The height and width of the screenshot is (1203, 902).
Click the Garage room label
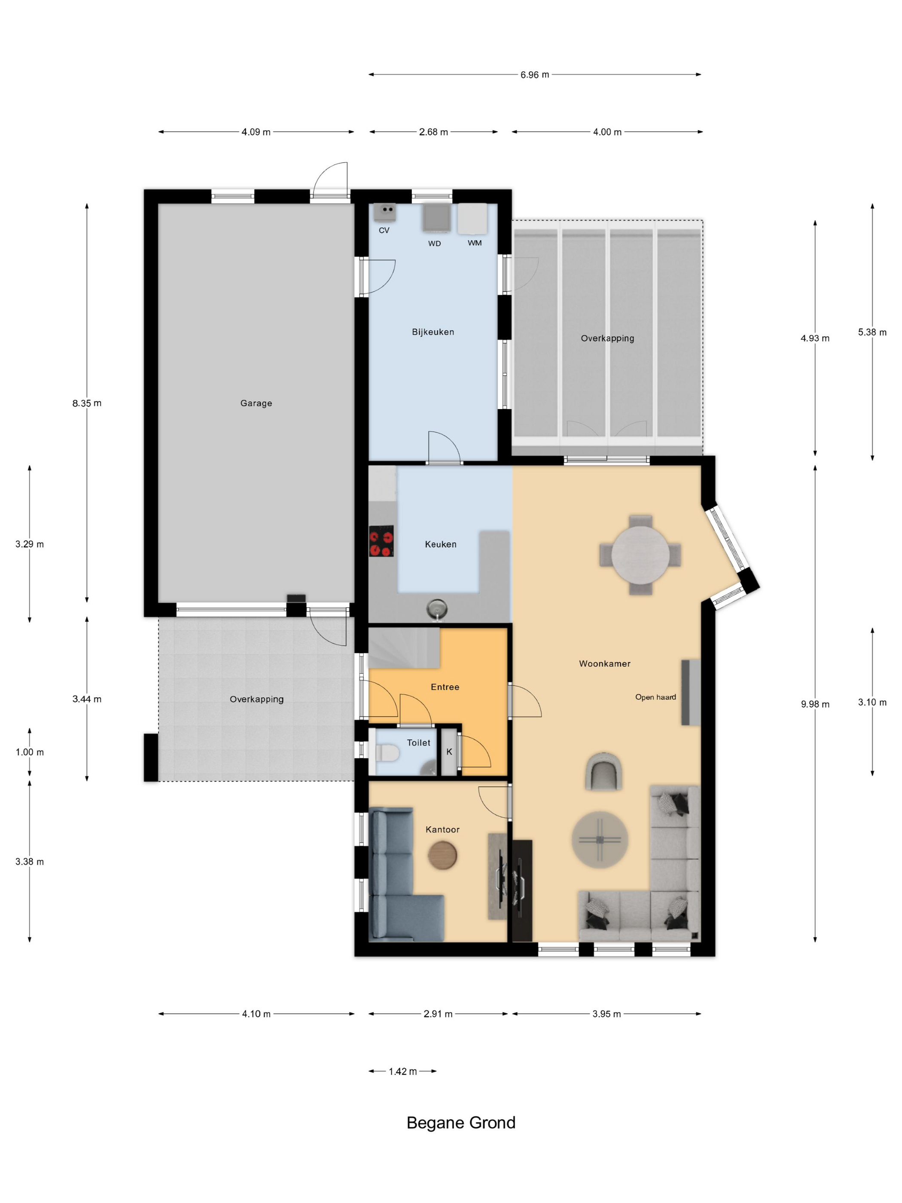pos(256,403)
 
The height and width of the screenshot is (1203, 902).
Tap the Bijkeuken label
pos(433,332)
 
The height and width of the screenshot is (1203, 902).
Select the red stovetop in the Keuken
pos(381,541)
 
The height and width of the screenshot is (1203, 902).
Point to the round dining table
pos(640,555)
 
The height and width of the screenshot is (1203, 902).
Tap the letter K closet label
pos(449,751)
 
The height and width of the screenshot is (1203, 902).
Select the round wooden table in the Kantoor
pos(442,855)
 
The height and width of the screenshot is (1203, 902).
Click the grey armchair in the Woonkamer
pos(603,771)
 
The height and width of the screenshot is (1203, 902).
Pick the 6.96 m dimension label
pos(534,74)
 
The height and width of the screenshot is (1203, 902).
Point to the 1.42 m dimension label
pos(403,1072)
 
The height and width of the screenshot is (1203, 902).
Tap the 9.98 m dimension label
pos(815,704)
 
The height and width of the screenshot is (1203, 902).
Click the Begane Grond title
pos(461,1123)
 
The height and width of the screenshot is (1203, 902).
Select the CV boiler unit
pos(384,212)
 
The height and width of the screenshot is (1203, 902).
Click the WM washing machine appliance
pos(472,219)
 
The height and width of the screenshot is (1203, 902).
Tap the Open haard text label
pos(656,697)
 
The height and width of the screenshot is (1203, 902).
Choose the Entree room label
pos(445,687)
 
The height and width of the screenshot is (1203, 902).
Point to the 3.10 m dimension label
pos(872,702)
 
